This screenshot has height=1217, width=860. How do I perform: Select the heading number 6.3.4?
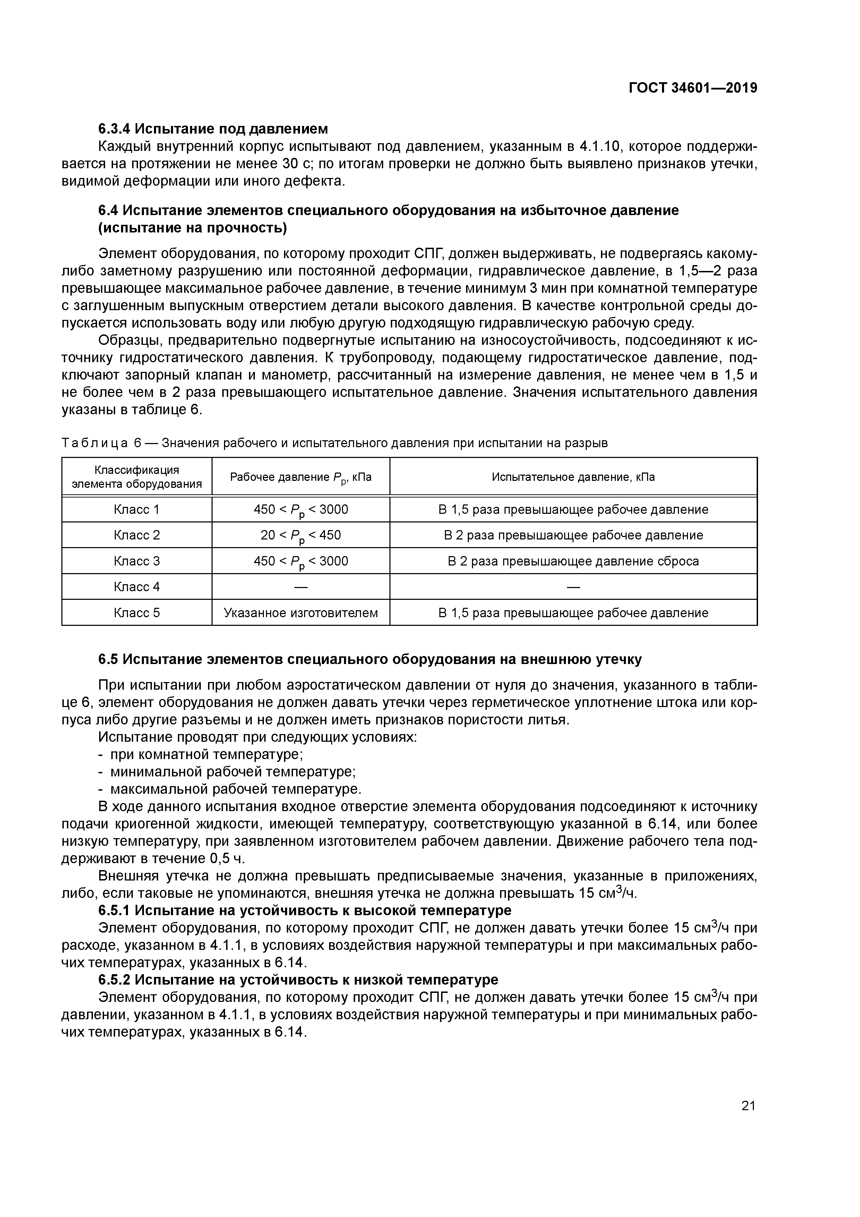tap(114, 129)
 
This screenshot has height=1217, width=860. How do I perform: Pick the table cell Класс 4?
tap(137, 587)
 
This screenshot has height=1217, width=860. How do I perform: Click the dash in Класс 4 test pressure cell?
tap(573, 587)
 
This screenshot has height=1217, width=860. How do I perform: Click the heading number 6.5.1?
tap(114, 910)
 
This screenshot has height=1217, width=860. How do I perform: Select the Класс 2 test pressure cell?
tap(573, 535)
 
